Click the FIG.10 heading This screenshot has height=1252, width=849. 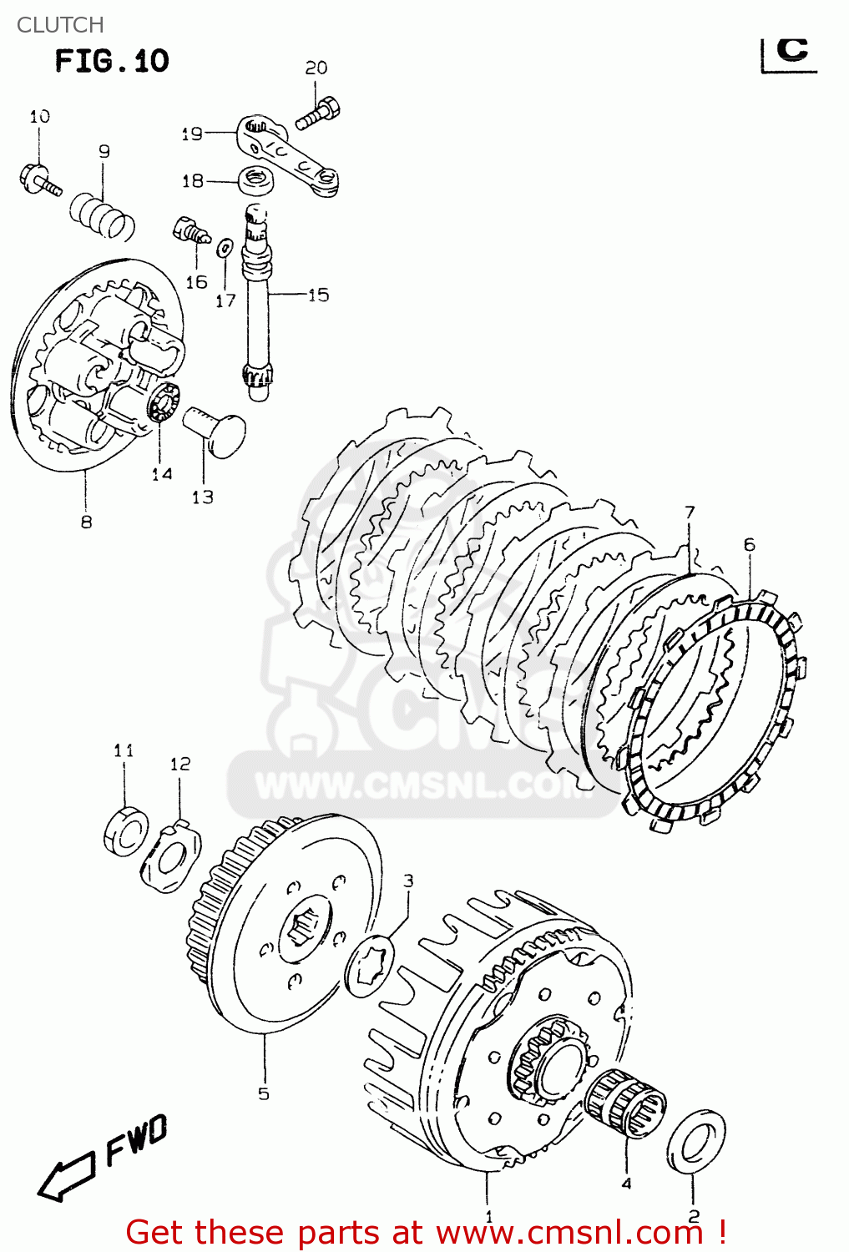(112, 61)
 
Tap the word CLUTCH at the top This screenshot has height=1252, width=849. (60, 25)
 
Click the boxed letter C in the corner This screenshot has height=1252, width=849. (791, 52)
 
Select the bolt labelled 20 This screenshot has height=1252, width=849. (318, 114)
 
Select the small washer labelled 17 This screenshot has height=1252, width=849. (225, 248)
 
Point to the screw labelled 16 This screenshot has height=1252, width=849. (190, 230)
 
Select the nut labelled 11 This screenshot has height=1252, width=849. (126, 830)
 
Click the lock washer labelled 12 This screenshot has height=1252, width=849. (172, 857)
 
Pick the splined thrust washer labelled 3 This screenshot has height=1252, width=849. (369, 967)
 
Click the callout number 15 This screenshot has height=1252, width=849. (318, 295)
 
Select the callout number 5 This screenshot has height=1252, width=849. (264, 1093)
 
